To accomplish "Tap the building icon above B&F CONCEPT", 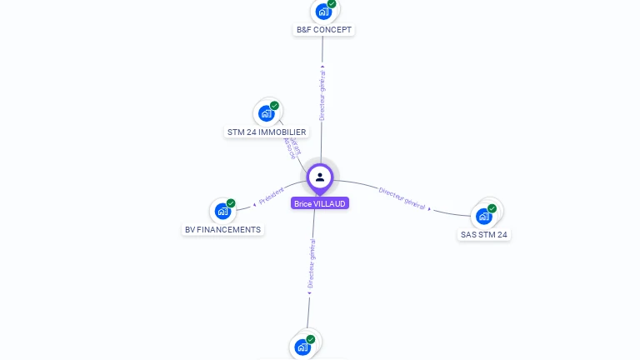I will (322, 12).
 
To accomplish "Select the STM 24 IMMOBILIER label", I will (267, 132).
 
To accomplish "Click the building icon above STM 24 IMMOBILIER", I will (266, 113).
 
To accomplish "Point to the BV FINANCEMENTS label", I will (222, 229).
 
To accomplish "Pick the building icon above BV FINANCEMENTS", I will (222, 211).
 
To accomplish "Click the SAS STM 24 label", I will (484, 234).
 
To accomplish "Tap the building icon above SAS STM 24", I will (483, 216).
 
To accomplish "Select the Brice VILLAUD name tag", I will (320, 203).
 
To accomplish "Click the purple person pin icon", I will (320, 177).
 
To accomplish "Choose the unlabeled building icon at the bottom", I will (302, 347).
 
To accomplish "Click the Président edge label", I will (271, 197).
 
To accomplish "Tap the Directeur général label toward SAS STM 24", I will (402, 198).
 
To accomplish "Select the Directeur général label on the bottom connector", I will (312, 264).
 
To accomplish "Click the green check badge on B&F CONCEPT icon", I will (332, 4).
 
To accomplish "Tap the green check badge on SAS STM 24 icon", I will (492, 208).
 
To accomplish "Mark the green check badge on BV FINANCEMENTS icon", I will (231, 203).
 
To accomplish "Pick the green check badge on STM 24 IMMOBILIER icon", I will (275, 106).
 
